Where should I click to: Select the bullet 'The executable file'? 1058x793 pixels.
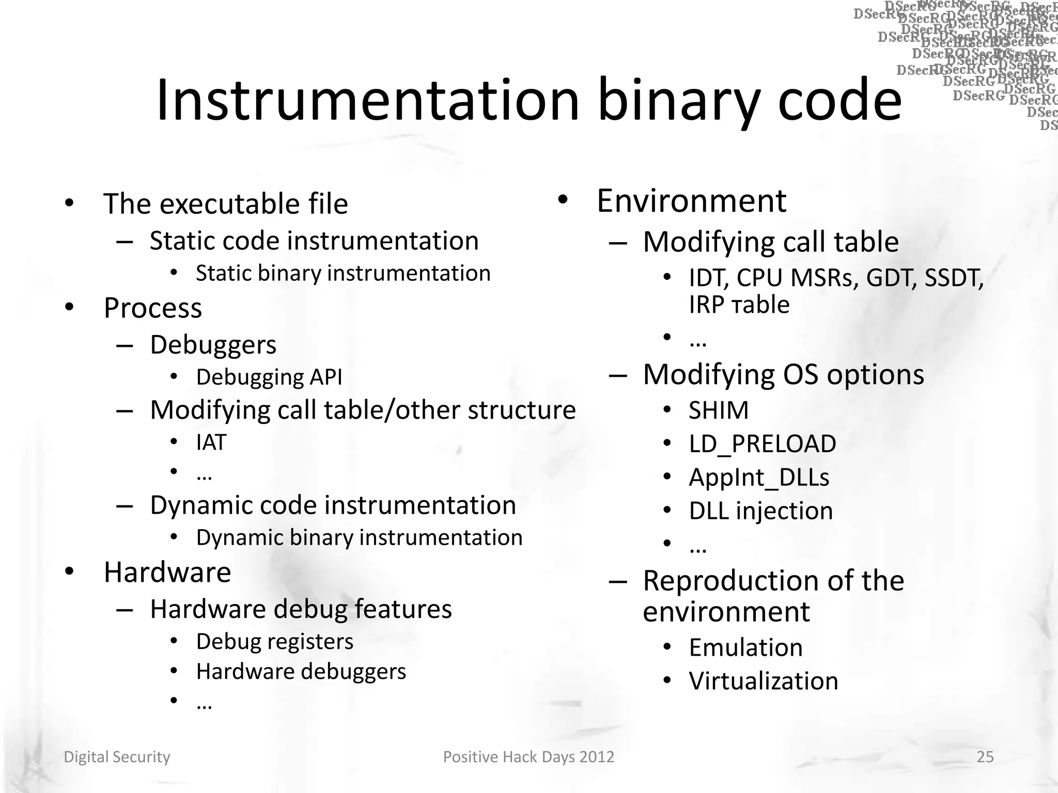coord(226,203)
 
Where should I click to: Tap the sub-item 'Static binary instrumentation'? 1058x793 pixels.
coord(343,273)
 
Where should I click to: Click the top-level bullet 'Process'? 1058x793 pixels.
coord(153,308)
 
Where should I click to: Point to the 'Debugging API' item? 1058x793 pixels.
coord(269,377)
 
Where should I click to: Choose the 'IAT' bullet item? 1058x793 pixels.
coord(211,442)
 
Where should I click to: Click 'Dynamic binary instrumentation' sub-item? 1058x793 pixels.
coord(359,537)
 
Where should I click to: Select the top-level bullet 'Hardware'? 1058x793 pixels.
coord(167,572)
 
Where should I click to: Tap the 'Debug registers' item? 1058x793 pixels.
coord(275,642)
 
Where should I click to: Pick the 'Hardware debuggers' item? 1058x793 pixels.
coord(301,672)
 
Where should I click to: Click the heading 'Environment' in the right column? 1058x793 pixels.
coord(691,201)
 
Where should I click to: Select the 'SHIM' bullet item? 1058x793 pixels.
coord(719,410)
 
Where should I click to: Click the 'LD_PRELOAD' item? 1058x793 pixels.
coord(763,444)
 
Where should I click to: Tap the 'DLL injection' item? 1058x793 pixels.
coord(761,511)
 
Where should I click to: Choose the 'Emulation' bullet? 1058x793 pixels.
coord(745,647)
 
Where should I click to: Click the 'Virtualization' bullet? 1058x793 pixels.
coord(764,681)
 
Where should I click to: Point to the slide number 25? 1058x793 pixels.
coord(985,757)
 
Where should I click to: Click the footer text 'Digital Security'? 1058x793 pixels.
coord(117,757)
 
